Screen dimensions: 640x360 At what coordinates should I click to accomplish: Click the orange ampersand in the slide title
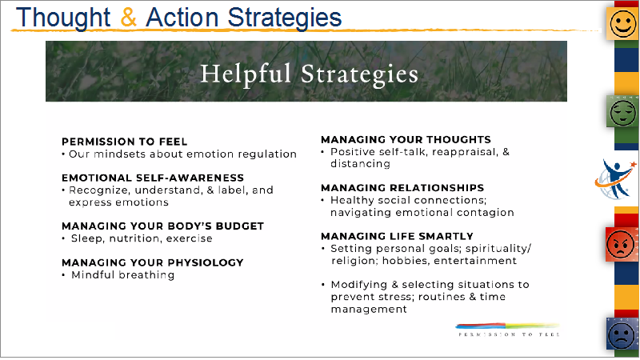tap(129, 17)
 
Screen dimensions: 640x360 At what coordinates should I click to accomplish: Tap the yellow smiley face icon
tap(623, 23)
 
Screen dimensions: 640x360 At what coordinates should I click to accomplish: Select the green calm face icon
tap(623, 112)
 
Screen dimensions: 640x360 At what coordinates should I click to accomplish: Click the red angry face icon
tap(621, 245)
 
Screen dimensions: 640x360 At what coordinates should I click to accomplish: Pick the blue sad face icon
tap(622, 334)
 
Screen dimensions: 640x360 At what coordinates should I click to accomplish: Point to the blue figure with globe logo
tap(615, 179)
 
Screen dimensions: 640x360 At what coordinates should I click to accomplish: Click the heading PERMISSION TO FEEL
tap(125, 142)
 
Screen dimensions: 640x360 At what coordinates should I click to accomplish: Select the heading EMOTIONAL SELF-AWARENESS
tap(153, 178)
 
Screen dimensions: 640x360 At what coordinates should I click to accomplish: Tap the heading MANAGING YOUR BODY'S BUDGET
tap(163, 226)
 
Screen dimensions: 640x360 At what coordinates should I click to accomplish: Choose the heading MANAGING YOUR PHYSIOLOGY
tap(153, 262)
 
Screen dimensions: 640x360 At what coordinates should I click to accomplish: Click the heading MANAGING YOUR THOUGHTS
tap(406, 139)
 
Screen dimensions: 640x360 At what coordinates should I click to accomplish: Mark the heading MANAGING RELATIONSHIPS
tap(402, 188)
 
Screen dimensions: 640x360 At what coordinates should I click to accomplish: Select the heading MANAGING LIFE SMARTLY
tap(397, 236)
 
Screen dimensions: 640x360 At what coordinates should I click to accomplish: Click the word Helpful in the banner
tap(246, 74)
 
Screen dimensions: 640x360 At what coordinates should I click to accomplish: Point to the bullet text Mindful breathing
tap(123, 275)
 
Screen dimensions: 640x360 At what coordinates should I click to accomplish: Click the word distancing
tap(361, 164)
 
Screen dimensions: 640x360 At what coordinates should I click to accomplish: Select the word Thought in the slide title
tap(63, 18)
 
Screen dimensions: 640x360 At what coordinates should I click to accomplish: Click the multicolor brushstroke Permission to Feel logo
tap(507, 330)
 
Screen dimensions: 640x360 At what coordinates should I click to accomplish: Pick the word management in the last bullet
tap(369, 310)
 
